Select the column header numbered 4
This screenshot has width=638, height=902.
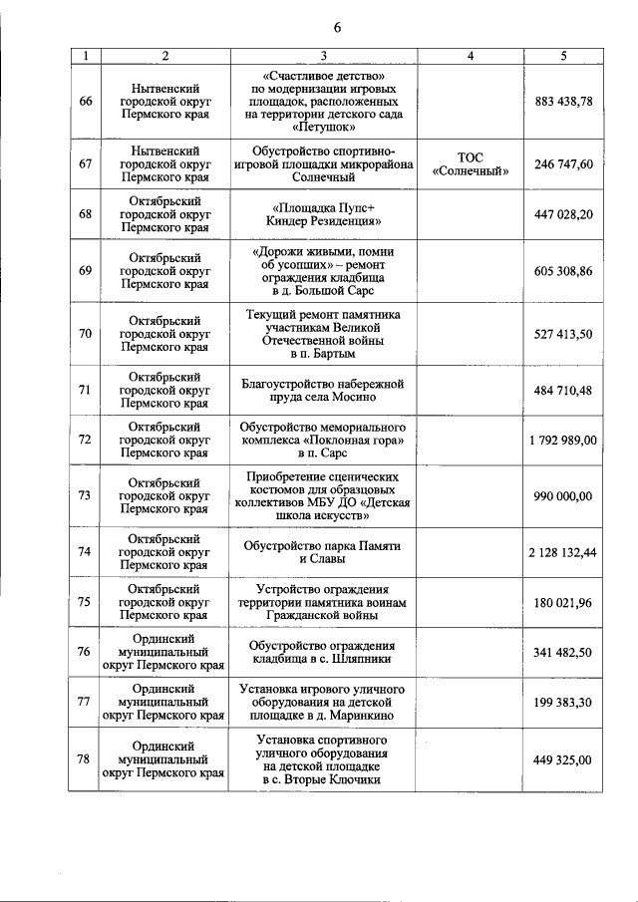pyautogui.click(x=471, y=56)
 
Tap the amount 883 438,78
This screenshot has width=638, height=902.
pyautogui.click(x=563, y=102)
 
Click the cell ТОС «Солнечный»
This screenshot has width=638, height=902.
pyautogui.click(x=471, y=163)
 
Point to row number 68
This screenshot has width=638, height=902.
pyautogui.click(x=85, y=214)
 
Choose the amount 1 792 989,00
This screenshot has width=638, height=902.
pyautogui.click(x=563, y=440)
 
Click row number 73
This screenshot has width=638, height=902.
pyautogui.click(x=85, y=495)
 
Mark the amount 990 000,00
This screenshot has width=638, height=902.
pyautogui.click(x=563, y=495)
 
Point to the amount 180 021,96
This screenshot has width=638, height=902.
pyautogui.click(x=563, y=602)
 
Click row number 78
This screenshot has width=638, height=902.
pyautogui.click(x=85, y=759)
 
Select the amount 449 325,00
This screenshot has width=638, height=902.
pyautogui.click(x=563, y=759)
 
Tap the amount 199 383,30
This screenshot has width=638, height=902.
pyautogui.click(x=563, y=703)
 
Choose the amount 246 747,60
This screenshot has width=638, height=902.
pyautogui.click(x=563, y=163)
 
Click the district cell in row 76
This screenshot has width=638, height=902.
pyautogui.click(x=163, y=652)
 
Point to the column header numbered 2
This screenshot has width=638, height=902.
pyautogui.click(x=163, y=56)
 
